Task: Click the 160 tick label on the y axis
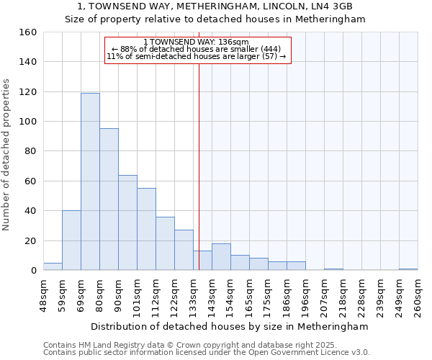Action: pos(27,32)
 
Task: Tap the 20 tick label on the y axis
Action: pos(30,240)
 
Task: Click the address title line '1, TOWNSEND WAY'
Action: pos(215,6)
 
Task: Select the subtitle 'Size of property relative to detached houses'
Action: pos(215,19)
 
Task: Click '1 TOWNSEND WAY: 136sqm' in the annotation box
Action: pos(197,42)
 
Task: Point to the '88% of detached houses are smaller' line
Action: pos(196,49)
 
